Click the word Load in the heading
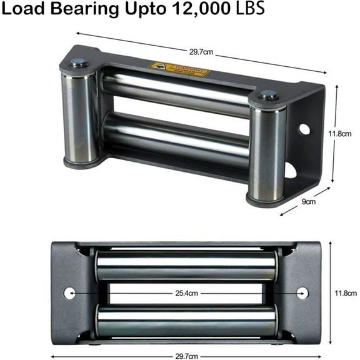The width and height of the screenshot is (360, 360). tap(24, 10)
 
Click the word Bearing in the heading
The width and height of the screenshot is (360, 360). tap(82, 10)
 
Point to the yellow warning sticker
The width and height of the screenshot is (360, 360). tap(178, 69)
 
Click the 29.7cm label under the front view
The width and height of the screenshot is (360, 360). tap(186, 355)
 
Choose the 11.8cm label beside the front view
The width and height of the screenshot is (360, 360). tap(344, 292)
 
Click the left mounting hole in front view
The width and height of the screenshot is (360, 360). tap(69, 292)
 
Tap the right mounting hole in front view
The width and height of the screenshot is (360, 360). tap(302, 292)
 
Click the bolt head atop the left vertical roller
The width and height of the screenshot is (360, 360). tap(78, 63)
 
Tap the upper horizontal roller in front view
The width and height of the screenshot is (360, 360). tap(186, 265)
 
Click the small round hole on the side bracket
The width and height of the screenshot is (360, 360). tap(304, 129)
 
